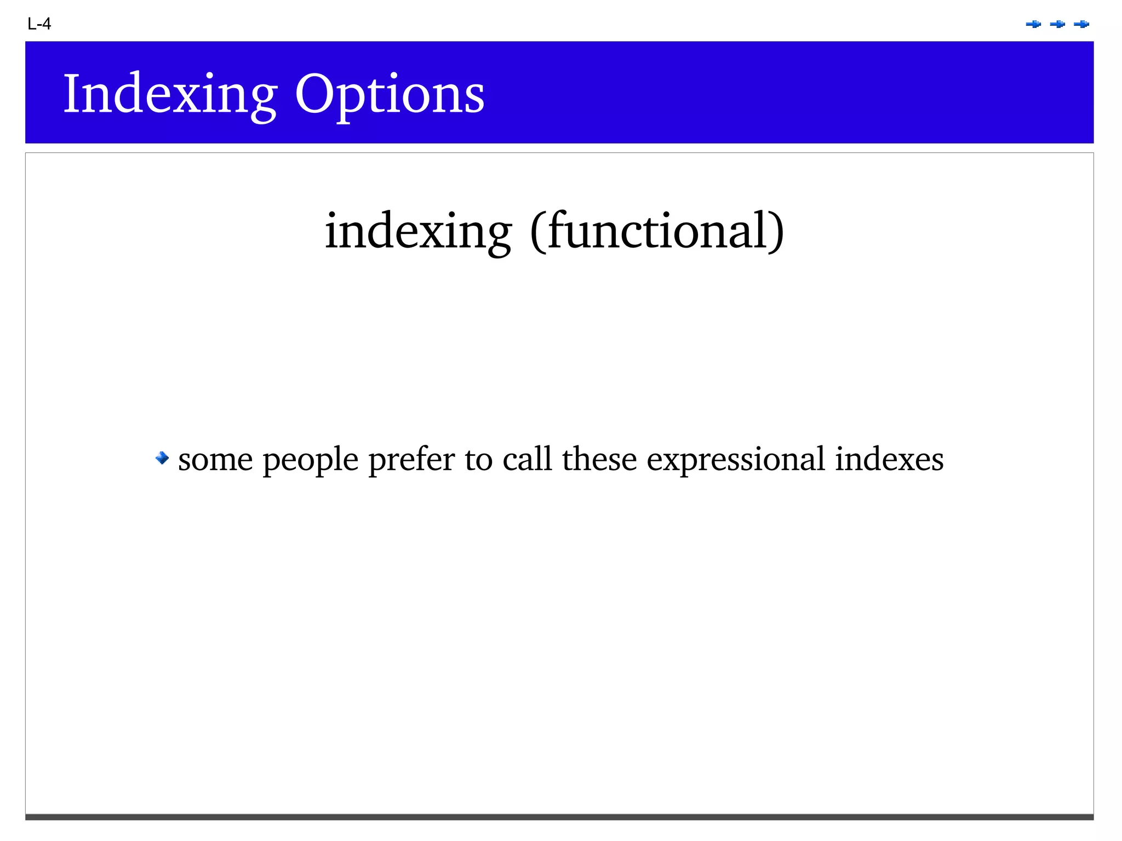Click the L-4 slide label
[x=39, y=24]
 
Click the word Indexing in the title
[x=170, y=94]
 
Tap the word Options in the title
[x=389, y=94]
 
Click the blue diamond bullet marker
[x=162, y=457]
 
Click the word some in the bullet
[x=215, y=459]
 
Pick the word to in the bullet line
[x=478, y=459]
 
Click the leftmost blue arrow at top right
[x=1033, y=24]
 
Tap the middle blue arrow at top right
[x=1057, y=24]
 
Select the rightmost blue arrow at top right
[x=1081, y=24]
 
